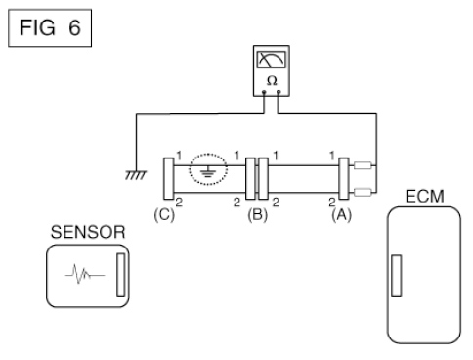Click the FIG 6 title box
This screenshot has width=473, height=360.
(x=50, y=28)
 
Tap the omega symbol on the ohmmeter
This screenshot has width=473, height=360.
(x=272, y=80)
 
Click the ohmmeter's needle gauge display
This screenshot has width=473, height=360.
(x=272, y=60)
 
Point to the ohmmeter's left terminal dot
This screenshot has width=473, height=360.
(x=264, y=92)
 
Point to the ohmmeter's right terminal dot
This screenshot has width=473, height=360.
(x=279, y=92)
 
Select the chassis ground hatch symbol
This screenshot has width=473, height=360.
(x=136, y=175)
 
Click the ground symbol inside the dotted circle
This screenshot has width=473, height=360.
(x=208, y=171)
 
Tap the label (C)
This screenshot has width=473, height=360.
(x=164, y=215)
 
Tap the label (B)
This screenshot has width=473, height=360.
(x=257, y=215)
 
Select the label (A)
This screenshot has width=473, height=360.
(x=341, y=215)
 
